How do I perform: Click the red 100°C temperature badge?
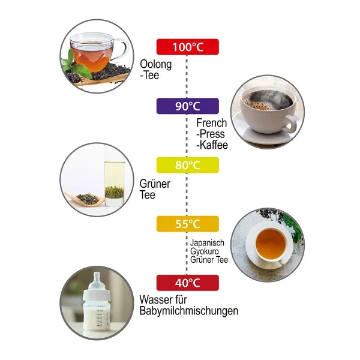188,47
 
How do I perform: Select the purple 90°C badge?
188,106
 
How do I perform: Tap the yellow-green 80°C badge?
188,165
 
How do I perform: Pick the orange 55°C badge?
188,224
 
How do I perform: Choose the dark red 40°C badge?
188,283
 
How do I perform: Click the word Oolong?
156,64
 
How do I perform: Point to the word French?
212,123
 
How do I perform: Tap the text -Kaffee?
212,145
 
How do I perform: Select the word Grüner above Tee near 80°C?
155,184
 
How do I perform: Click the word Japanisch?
207,242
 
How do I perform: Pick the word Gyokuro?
205,251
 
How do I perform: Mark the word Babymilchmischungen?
189,311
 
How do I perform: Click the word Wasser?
156,299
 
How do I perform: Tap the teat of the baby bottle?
97,278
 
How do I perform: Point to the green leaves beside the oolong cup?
74,64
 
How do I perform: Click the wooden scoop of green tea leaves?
85,199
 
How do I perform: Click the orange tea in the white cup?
271,244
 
